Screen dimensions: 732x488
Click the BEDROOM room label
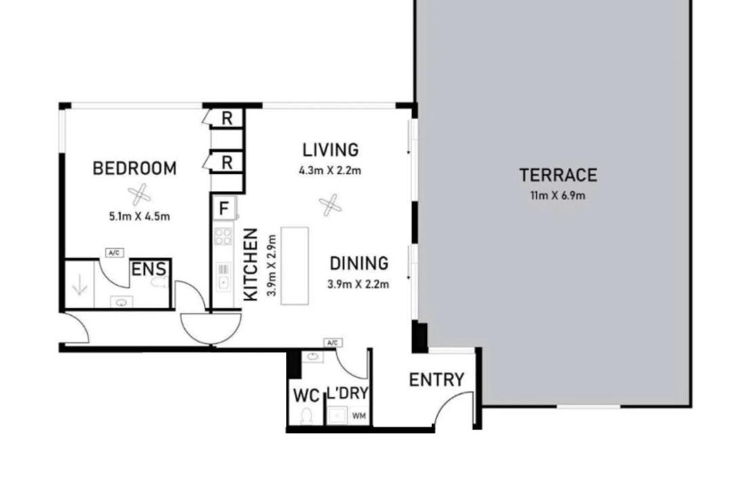(134, 168)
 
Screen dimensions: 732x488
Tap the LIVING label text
(331, 150)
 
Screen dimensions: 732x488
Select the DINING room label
(359, 264)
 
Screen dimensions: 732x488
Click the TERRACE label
(558, 175)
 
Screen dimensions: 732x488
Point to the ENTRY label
(436, 380)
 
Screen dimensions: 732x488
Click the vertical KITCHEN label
(251, 264)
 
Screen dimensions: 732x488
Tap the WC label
(306, 396)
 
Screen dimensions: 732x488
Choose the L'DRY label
(348, 393)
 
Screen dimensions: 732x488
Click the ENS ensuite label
(148, 270)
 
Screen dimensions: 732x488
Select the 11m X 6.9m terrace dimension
(557, 196)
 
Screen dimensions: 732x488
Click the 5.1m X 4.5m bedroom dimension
(139, 217)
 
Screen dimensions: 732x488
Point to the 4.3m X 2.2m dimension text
(330, 171)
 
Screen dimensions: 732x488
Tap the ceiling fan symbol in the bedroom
(139, 195)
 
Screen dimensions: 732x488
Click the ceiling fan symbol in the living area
(330, 205)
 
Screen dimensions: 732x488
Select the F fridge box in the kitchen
(224, 208)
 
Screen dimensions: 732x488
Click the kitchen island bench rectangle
(295, 266)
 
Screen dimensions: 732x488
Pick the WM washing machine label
(359, 415)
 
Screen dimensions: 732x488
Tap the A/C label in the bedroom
(115, 253)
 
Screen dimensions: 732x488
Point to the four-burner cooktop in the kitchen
(223, 237)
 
